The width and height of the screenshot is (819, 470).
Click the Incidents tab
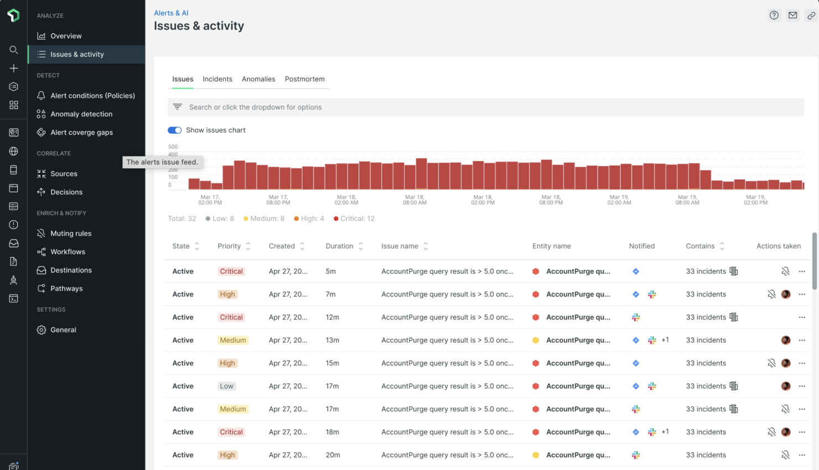point(217,79)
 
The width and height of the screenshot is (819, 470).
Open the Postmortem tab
point(304,79)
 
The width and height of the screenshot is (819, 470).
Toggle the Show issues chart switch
point(174,130)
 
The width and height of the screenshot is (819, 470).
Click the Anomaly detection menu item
point(81,114)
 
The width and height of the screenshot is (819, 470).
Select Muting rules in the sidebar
point(70,233)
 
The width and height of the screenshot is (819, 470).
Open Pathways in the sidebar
point(66,289)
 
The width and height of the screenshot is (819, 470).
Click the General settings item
point(63,330)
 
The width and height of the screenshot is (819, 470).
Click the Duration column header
point(339,246)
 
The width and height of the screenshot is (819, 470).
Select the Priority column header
point(229,246)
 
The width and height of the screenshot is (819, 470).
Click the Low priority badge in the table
point(226,386)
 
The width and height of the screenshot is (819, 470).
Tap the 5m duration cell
point(331,271)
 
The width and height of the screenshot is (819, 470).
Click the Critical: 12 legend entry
point(354,218)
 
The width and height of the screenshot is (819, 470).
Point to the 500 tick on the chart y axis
point(173,147)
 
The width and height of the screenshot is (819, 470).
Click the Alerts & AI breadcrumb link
point(171,13)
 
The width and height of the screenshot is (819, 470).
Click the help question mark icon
point(774,15)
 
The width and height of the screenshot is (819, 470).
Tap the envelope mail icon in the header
point(792,15)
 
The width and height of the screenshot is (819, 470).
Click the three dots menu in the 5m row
point(802,271)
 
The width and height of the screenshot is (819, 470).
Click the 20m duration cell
point(333,455)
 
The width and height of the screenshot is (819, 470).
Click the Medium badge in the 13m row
point(232,340)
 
